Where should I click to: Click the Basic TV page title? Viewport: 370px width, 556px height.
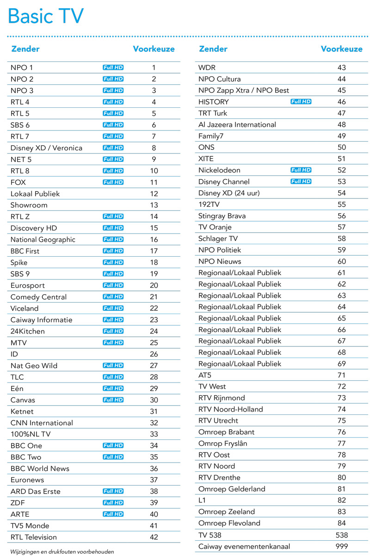(46, 17)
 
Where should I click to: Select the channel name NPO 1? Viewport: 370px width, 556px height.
(22, 68)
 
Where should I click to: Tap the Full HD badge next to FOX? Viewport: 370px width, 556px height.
(113, 182)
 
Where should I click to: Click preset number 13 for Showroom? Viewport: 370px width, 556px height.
(154, 205)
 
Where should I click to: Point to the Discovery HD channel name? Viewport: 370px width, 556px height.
(34, 228)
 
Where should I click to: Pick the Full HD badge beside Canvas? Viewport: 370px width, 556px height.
(113, 400)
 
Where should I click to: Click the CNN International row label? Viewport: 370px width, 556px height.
(42, 423)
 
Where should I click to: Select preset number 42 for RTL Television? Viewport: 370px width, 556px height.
(154, 537)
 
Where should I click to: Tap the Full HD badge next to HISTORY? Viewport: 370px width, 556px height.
(301, 101)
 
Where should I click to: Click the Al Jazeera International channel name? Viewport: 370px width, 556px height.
(237, 124)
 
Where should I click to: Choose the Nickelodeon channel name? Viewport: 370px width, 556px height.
(219, 170)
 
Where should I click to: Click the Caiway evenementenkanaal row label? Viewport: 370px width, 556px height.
(244, 546)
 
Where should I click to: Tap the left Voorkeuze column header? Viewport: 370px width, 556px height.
(154, 49)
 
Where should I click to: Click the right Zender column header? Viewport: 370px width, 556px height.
(213, 49)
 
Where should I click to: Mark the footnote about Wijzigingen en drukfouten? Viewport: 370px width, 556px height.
(62, 551)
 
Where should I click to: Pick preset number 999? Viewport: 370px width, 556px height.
(342, 546)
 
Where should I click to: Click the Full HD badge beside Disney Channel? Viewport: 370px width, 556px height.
(301, 181)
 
